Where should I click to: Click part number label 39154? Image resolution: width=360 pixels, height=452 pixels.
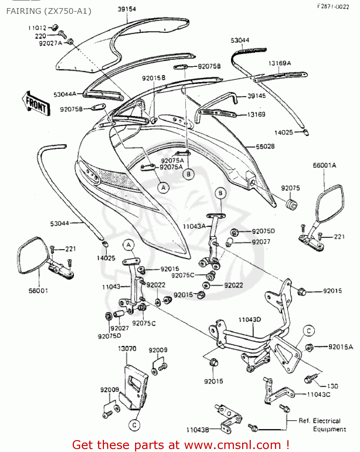coord(127,9)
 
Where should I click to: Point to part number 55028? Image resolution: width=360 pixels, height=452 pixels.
coord(265,146)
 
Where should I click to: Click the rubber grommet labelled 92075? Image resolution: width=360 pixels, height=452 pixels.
coord(291,204)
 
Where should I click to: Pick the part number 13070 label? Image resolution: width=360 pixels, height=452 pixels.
coord(127,349)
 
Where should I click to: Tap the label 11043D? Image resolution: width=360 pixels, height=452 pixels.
coord(250,319)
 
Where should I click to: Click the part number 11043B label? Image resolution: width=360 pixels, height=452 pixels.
coord(197,430)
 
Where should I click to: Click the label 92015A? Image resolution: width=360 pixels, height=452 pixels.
coord(340,347)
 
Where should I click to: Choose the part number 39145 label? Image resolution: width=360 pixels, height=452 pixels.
coord(257,96)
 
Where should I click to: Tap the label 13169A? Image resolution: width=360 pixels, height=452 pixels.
coord(279,63)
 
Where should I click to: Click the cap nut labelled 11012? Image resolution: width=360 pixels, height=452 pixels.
coord(55,27)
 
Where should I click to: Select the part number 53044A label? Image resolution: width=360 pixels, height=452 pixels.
coord(65,94)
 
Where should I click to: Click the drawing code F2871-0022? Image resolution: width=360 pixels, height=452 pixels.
coord(333,7)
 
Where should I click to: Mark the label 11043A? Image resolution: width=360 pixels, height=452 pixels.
coord(194,226)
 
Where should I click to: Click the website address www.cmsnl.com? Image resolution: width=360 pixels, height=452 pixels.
coord(232,445)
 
